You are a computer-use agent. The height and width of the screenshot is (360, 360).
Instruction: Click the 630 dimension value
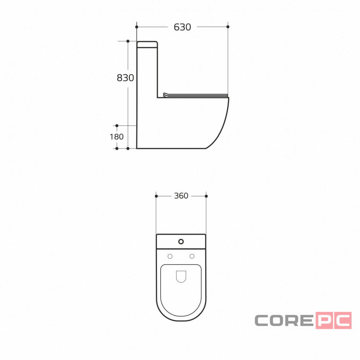coord(182,27)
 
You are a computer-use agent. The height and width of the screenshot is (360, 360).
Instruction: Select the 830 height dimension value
coord(125,78)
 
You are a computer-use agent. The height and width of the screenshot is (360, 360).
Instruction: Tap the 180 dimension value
coord(117,137)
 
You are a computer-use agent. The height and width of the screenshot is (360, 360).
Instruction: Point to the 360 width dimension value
coord(181,196)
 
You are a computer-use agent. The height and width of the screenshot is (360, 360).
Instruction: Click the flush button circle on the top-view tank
coord(181,242)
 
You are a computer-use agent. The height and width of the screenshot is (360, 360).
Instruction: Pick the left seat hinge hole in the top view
coord(170,256)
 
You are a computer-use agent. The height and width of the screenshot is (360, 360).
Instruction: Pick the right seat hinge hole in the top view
coord(192,256)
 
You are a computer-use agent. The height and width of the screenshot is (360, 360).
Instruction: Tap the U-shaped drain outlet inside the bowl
coord(181,276)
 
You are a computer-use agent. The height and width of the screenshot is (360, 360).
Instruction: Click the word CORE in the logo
coord(284,320)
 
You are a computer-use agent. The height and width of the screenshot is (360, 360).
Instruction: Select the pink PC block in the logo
coord(334,320)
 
